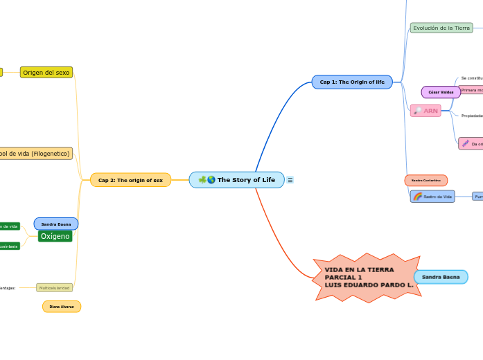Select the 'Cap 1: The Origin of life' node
352,82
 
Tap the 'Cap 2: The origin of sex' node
130,180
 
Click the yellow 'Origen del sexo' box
46,72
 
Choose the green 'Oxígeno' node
55,236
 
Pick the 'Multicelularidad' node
54,287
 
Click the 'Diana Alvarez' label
62,306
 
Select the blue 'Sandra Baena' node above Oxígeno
56,224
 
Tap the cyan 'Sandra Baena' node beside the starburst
441,277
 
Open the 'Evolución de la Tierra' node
441,28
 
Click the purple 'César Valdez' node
441,92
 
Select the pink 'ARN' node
425,111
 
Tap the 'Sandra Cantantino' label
425,180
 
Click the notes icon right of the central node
290,180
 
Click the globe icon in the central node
211,180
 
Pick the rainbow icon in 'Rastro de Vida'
418,197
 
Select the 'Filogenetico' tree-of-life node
35,153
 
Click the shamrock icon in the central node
202,180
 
